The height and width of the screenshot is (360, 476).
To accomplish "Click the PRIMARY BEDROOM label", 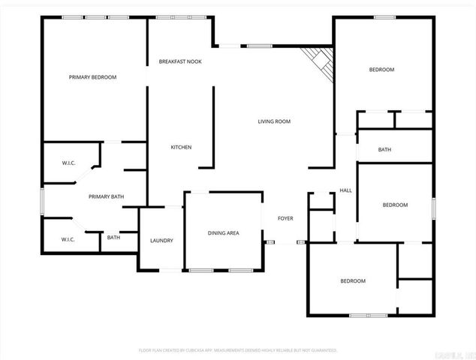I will [92, 77].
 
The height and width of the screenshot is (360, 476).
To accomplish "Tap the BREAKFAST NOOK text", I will [179, 61].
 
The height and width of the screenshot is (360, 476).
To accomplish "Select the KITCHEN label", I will [181, 147].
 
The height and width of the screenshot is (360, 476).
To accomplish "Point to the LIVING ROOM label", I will [274, 121].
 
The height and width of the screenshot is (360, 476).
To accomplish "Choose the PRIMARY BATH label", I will [106, 197].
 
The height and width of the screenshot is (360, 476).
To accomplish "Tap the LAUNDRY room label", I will [161, 241].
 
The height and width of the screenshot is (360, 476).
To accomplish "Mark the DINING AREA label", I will [223, 233].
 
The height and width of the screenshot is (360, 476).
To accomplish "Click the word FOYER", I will [285, 218].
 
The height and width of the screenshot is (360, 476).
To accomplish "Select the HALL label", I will [345, 190].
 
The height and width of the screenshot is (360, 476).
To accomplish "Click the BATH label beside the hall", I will [384, 150].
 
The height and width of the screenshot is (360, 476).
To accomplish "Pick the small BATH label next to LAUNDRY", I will [113, 238].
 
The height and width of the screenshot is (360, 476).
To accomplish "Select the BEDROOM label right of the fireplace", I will [381, 70].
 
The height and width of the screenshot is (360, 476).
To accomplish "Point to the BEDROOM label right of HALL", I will [395, 205].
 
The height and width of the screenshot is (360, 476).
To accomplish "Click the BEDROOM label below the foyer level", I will [353, 281].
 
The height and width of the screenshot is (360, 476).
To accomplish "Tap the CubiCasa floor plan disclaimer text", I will [238, 350].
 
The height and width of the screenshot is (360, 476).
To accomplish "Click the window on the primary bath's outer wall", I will [42, 202].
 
